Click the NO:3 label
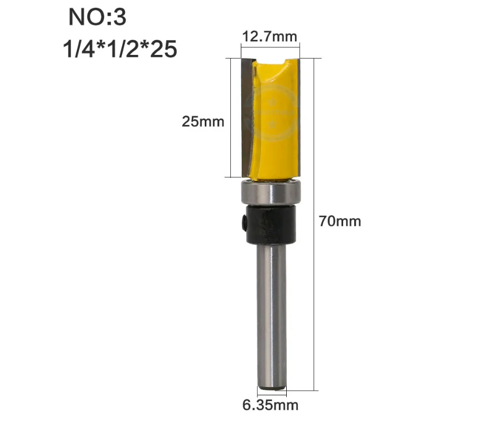tap(97, 17)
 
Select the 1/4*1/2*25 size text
tap(120, 49)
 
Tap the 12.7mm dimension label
tap(270, 37)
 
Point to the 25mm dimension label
tap(203, 122)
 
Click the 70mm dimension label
tap(340, 221)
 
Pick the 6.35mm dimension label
tap(270, 405)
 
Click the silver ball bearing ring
tap(271, 192)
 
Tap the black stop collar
tap(271, 224)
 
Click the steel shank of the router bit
tap(272, 317)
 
